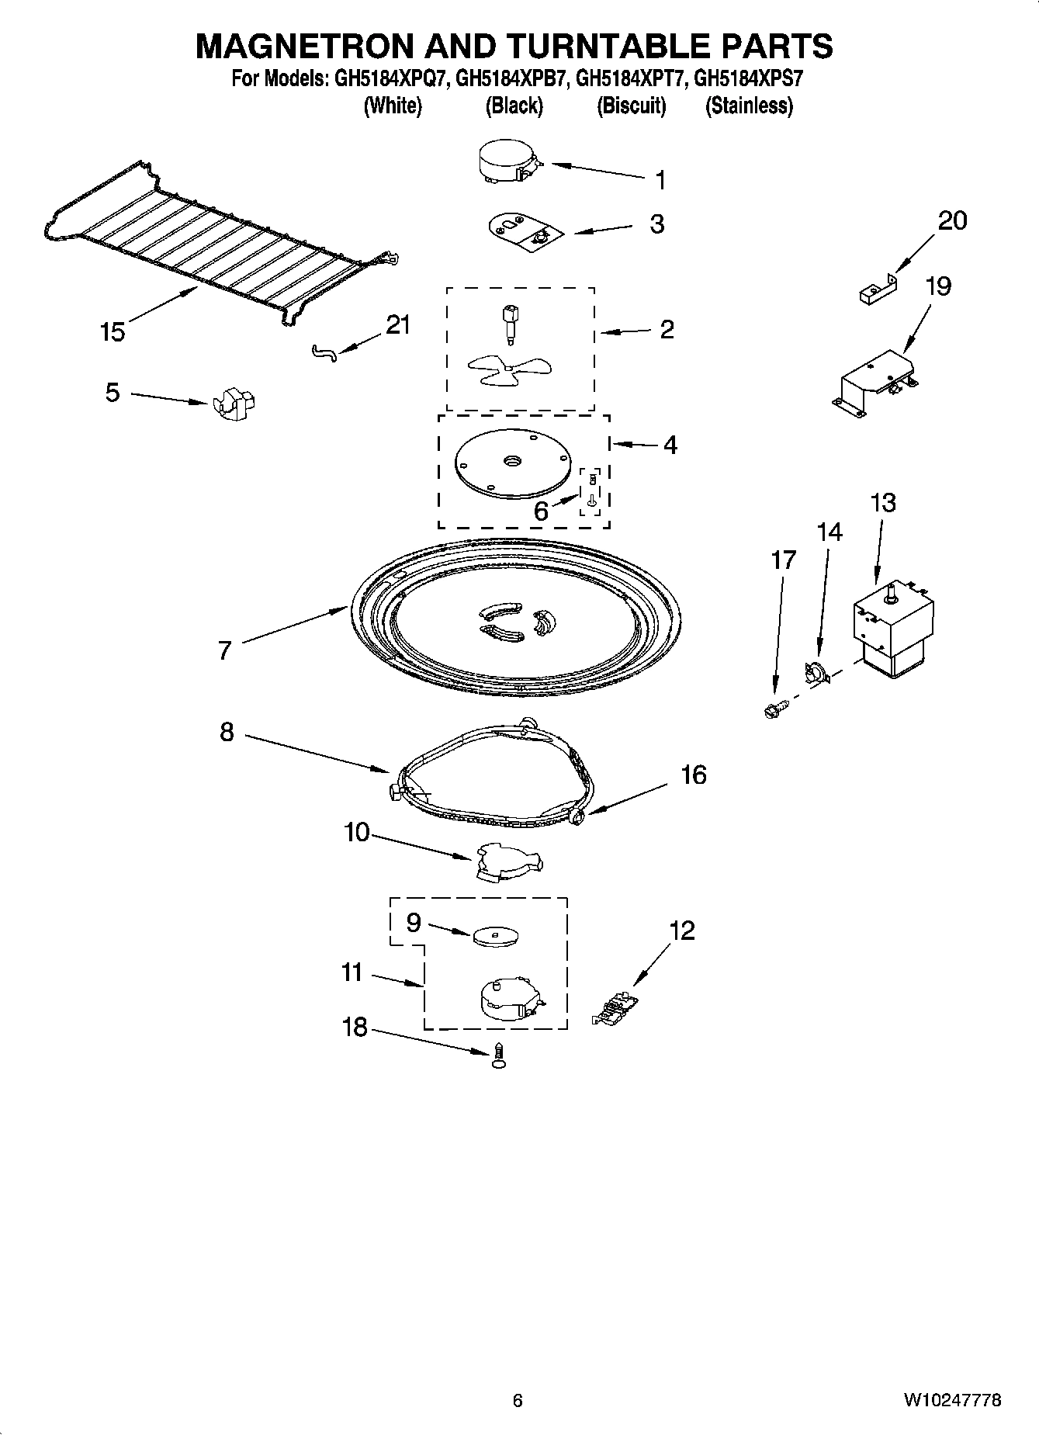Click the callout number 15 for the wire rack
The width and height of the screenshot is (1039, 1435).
[x=112, y=332]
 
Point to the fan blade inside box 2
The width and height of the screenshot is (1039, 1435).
[x=497, y=370]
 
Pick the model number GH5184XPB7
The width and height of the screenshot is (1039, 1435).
[x=512, y=79]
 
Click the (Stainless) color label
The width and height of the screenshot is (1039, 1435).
[x=748, y=106]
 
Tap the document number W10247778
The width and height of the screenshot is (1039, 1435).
[x=951, y=1400]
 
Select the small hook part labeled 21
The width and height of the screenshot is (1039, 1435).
[x=325, y=353]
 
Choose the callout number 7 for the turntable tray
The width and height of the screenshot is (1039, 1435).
[x=225, y=650]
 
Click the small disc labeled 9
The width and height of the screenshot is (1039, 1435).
[x=495, y=936]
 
